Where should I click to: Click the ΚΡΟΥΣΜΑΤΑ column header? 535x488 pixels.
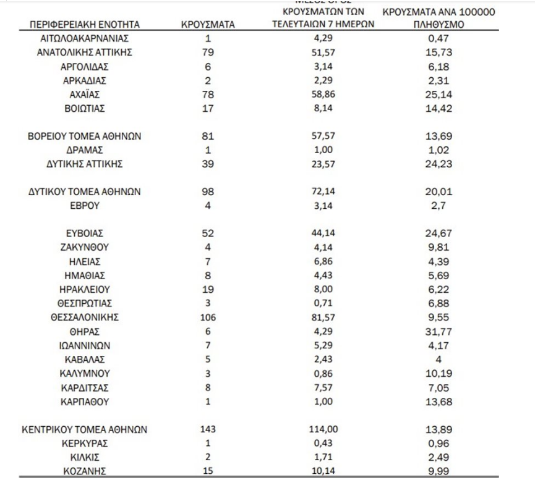point(208,25)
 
